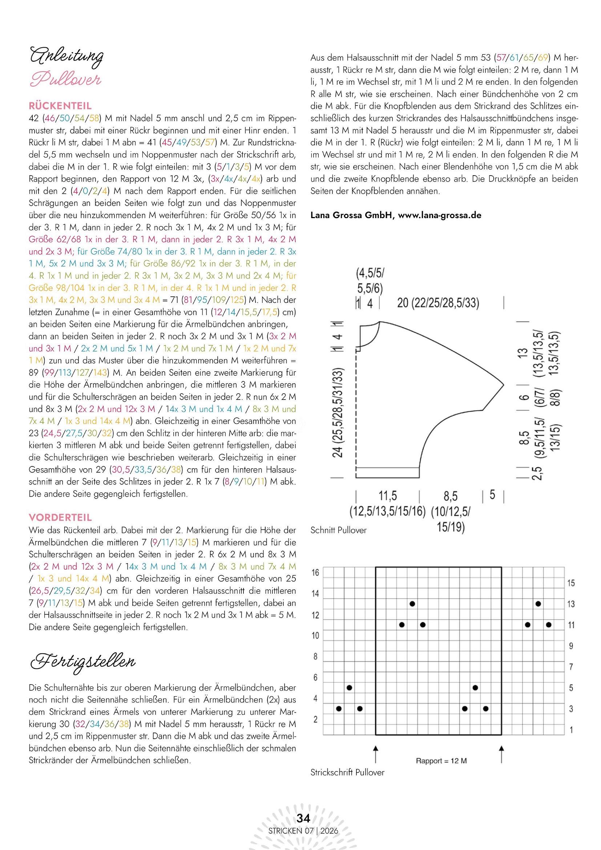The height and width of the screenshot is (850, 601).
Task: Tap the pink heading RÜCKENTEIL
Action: [60, 106]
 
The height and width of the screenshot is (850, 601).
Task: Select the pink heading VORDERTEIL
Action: [60, 518]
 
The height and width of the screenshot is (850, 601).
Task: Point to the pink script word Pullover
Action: [65, 79]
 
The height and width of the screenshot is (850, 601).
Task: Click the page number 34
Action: [303, 818]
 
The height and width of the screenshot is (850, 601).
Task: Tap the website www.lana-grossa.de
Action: [439, 215]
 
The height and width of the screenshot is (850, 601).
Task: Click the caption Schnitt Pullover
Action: [338, 530]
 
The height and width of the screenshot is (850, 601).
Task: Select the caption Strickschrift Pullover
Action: [347, 772]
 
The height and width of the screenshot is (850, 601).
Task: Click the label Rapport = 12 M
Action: [441, 761]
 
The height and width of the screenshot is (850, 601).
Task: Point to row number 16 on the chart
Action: [315, 573]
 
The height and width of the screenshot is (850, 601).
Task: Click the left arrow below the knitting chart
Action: [376, 753]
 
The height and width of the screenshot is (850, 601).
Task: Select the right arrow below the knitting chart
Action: [501, 753]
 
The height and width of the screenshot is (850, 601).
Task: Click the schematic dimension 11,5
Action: [387, 496]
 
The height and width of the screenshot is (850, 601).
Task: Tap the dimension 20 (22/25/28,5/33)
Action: [438, 303]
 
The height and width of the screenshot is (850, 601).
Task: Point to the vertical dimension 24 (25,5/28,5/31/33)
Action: [338, 412]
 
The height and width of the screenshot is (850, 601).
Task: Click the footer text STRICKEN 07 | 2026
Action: [303, 831]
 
